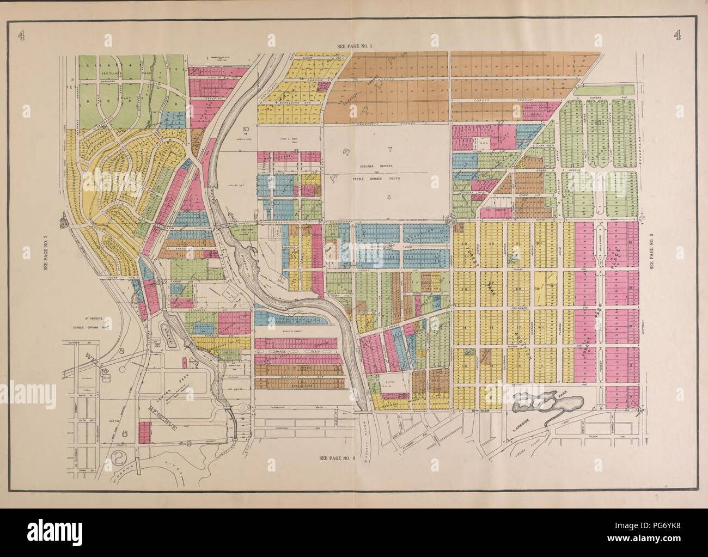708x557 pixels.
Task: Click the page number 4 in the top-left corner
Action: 21,35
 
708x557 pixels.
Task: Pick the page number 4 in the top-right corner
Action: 678,35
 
